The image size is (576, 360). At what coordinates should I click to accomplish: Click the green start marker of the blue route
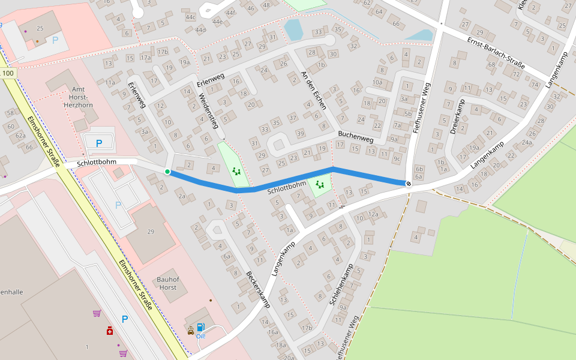[167, 172]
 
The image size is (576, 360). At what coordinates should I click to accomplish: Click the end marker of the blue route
[409, 183]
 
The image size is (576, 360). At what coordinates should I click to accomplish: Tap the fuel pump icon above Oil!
[200, 328]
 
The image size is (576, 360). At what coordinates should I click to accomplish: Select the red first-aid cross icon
[110, 330]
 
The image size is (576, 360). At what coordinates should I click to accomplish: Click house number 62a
[21, 136]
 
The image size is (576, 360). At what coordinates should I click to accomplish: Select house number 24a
[527, 143]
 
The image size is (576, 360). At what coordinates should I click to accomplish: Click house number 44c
[191, 17]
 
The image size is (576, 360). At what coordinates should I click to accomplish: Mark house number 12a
[373, 214]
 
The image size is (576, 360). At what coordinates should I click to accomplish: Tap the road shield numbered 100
[7, 73]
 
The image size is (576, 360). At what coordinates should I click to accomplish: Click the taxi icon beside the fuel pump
[191, 329]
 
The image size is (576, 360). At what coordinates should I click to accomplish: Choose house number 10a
[377, 82]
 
